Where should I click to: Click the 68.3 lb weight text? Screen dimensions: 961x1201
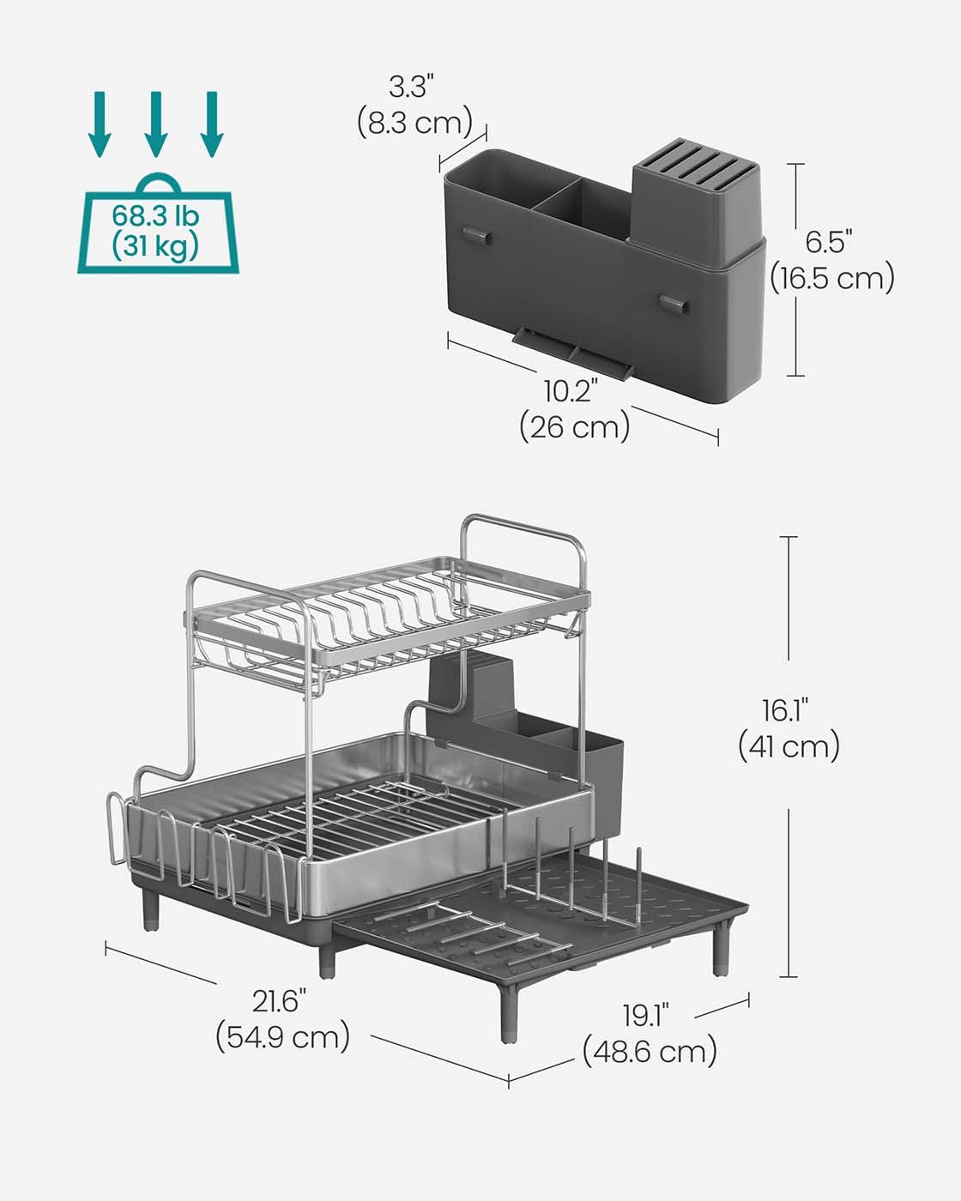click(x=155, y=216)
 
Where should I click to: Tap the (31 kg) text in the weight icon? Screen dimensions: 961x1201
click(x=155, y=246)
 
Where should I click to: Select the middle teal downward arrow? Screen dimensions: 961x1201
click(x=156, y=124)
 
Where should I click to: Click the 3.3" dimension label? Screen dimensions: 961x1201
click(x=412, y=87)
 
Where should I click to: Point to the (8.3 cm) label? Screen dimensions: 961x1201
click(x=415, y=122)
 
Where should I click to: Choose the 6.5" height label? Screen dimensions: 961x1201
click(x=829, y=242)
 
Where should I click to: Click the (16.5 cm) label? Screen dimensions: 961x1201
click(x=832, y=278)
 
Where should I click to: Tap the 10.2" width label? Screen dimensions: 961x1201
click(x=571, y=390)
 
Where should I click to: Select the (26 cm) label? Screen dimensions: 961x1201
click(x=575, y=427)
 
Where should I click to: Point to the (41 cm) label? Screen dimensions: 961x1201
click(x=789, y=746)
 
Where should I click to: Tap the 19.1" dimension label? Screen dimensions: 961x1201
click(x=646, y=1015)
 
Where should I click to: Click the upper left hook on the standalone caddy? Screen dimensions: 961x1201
click(x=476, y=234)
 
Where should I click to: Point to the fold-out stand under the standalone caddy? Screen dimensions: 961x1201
click(x=573, y=353)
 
